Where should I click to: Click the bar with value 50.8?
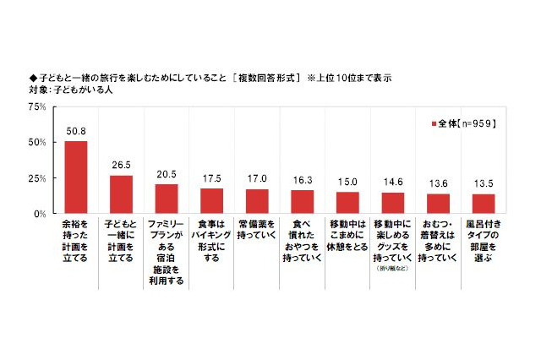76,177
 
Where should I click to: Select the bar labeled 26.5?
122,194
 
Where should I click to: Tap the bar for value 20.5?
167,199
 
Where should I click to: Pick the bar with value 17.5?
212,201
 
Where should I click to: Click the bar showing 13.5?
484,204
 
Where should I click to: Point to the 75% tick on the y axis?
36,106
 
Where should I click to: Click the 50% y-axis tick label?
36,142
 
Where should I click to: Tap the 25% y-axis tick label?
36,178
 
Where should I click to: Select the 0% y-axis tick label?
40,214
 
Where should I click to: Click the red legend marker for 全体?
434,124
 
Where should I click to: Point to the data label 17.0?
257,179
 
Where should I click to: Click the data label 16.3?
303,181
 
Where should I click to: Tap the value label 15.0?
347,183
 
